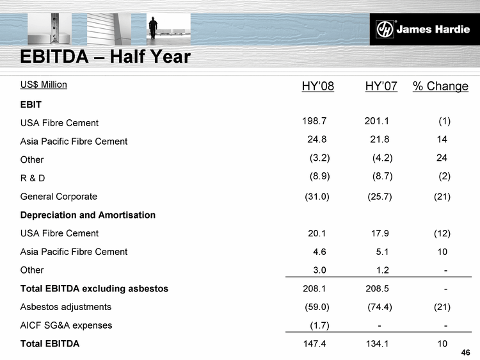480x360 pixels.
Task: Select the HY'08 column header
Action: pos(317,86)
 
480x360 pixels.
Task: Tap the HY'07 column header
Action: pos(381,86)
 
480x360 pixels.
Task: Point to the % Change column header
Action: pos(440,86)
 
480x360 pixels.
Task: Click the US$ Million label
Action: pos(44,84)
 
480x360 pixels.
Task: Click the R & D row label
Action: pos(33,177)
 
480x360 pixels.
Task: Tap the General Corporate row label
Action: pos(59,196)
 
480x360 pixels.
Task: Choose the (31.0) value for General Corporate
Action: pos(317,196)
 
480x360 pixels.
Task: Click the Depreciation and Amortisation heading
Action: pos(88,215)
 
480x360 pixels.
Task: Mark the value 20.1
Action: pos(318,233)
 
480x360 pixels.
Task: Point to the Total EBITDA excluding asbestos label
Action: pos(94,288)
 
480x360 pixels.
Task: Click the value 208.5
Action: pos(378,288)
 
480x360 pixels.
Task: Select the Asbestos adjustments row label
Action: pos(66,307)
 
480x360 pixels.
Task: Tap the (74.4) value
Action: pos(380,307)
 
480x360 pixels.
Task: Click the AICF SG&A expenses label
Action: pos(67,325)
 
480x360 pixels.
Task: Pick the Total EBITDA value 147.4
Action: pos(315,344)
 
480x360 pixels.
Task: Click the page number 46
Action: pos(465,352)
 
